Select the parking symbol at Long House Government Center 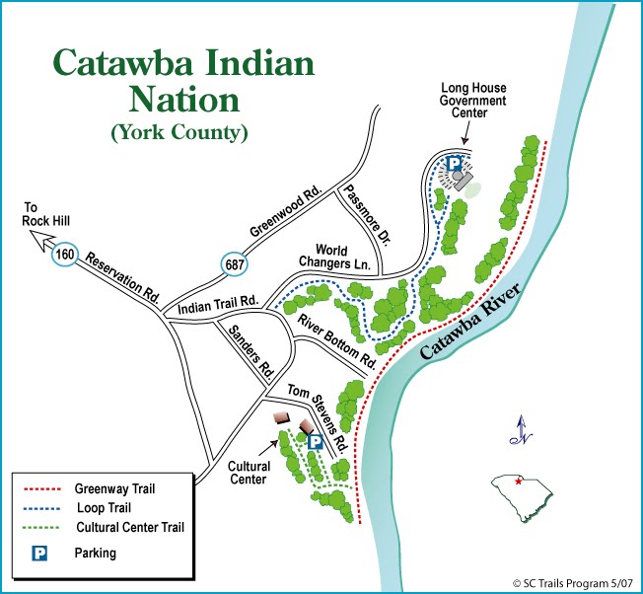454,164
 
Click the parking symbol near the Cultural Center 314,443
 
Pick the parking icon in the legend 40,554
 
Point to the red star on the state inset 519,482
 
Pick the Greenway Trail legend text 115,488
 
